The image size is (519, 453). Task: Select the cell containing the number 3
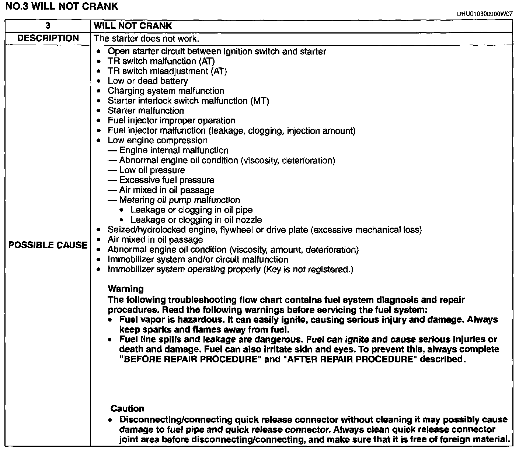[x=48, y=26]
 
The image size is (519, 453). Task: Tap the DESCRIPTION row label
[x=48, y=38]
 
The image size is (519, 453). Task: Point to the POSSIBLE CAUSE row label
[x=48, y=245]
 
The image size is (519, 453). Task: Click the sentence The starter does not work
[x=146, y=38]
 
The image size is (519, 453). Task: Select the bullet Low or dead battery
[x=147, y=81]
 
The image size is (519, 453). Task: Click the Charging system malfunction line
[x=166, y=91]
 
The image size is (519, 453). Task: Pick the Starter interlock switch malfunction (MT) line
[x=188, y=101]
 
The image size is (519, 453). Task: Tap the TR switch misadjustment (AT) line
[x=167, y=71]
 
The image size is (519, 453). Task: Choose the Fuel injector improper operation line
[x=171, y=121]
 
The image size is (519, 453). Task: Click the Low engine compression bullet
[x=157, y=141]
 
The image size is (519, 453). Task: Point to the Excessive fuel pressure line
[x=167, y=180]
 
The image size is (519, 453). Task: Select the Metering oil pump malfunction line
[x=180, y=200]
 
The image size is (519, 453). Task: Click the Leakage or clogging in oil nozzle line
[x=196, y=220]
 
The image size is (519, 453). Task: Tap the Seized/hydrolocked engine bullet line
[x=264, y=230]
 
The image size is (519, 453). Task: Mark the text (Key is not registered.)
[x=308, y=270]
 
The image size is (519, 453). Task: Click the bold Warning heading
[x=126, y=289]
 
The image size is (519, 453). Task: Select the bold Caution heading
[x=127, y=409]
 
